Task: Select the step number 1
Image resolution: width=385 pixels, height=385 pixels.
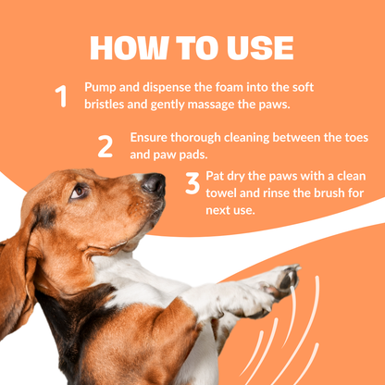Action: (62, 96)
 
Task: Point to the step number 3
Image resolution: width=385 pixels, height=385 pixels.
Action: (192, 184)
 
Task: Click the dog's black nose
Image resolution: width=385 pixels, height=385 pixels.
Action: (154, 184)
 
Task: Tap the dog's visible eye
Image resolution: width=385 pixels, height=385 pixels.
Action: (78, 192)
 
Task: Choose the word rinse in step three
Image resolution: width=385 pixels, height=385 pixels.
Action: (267, 192)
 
